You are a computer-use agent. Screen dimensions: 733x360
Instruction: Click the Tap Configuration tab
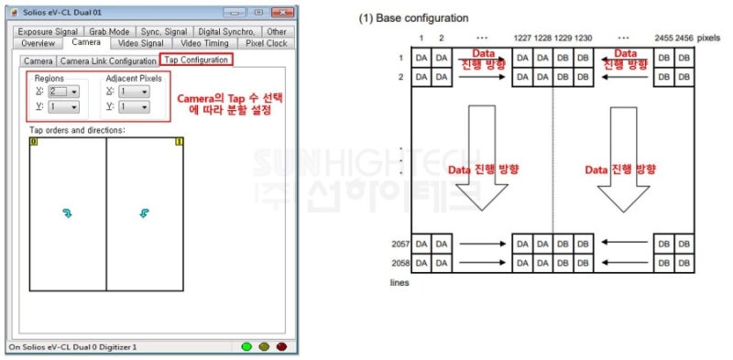tap(196, 60)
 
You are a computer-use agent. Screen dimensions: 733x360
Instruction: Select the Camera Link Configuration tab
tap(108, 61)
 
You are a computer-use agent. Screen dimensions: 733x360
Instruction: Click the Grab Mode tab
tap(109, 31)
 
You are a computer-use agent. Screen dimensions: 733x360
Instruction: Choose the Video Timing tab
tap(204, 43)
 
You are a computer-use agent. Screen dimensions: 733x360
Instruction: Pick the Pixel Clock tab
tap(265, 43)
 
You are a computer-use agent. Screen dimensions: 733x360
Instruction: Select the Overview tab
tap(38, 43)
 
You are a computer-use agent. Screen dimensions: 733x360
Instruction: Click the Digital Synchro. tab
tap(225, 31)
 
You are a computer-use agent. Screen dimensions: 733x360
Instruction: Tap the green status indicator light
tap(246, 347)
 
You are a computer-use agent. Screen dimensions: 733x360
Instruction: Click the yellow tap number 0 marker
tap(34, 142)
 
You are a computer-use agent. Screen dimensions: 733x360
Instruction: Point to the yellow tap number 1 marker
tap(179, 142)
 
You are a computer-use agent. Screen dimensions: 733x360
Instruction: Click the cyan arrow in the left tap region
tap(66, 213)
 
